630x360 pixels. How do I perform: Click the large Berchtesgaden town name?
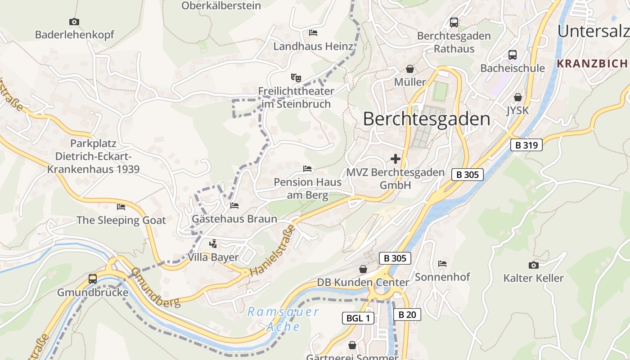(426, 119)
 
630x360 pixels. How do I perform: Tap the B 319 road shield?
(526, 145)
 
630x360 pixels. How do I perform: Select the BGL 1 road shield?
(358, 318)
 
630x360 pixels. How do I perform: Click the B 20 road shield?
(407, 315)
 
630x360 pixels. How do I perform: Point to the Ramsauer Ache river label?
(283, 319)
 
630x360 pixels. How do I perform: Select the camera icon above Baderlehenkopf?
(74, 22)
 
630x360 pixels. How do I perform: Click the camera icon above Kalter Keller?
(533, 265)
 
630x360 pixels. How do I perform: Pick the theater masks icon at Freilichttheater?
(296, 78)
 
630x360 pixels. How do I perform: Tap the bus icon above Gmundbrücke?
(92, 279)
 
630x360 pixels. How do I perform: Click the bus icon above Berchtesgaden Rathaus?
(454, 22)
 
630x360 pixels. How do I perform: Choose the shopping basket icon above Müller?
(410, 69)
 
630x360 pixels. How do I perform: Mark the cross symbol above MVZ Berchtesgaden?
(396, 159)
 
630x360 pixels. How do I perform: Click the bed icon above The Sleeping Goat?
(121, 207)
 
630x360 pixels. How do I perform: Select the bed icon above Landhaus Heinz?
(313, 33)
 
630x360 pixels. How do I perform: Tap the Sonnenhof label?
(442, 277)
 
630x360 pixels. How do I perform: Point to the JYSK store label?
(517, 110)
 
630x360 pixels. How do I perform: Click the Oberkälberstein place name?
(221, 5)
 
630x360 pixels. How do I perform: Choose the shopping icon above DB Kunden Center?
(363, 269)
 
